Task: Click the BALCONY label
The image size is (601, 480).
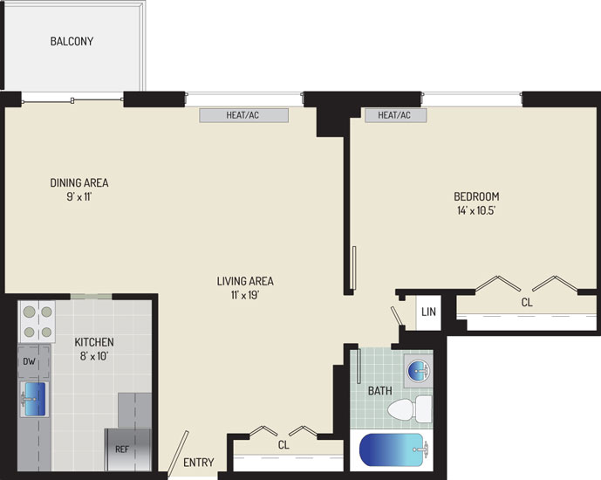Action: coord(72,41)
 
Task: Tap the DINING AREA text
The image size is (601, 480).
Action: coord(79,182)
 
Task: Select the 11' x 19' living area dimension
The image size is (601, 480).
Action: coord(245,295)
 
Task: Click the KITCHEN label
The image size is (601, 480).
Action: coord(94,341)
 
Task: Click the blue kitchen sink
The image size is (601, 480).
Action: coord(35,399)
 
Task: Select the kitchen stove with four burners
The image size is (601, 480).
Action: coord(37,321)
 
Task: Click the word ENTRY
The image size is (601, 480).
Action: coord(199,463)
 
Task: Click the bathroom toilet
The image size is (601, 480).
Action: coord(410,408)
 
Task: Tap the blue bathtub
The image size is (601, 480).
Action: coord(393,449)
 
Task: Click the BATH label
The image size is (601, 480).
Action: coord(379,391)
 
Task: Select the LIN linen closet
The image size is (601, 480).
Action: coord(428,312)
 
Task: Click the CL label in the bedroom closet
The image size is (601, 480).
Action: coord(527,303)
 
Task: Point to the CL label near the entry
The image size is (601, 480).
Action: coord(283,445)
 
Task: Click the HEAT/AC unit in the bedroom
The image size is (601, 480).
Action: coord(395,115)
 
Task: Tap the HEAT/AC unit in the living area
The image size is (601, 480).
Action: coord(243,115)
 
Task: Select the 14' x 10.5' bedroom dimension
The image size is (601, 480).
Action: coord(476,210)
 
